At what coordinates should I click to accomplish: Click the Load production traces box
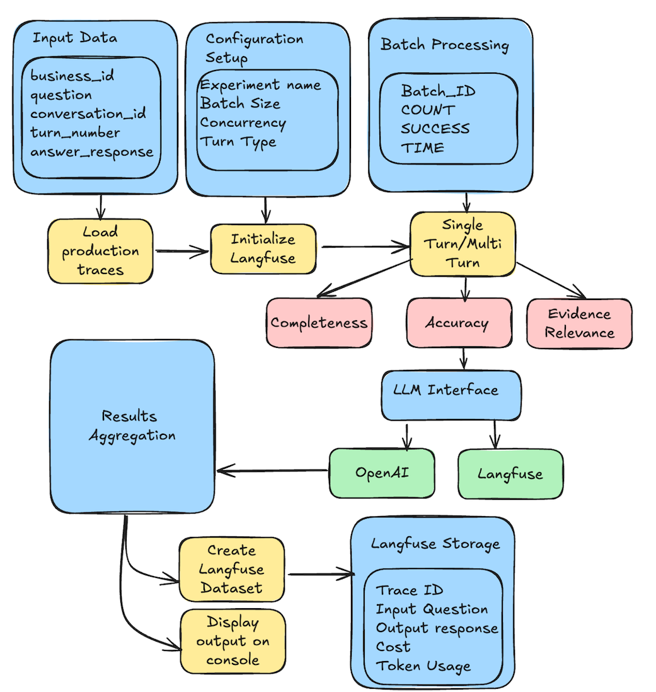[100, 251]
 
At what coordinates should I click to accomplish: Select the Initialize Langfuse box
[263, 248]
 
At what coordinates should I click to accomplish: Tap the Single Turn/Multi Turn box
[463, 243]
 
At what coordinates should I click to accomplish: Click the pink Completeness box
[319, 323]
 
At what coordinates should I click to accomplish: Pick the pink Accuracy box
[457, 323]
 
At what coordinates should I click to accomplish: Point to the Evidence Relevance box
[579, 323]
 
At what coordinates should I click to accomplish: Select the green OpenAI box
[382, 473]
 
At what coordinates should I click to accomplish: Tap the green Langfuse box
[510, 473]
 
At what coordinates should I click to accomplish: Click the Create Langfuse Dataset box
[231, 569]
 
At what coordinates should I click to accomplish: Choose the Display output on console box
[233, 641]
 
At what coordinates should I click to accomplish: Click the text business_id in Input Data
[72, 76]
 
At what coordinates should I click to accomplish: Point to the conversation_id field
[88, 114]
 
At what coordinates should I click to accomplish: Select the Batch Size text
[240, 103]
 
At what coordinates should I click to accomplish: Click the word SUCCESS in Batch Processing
[435, 129]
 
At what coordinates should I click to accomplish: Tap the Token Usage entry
[423, 665]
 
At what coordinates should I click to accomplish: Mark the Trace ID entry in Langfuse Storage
[409, 590]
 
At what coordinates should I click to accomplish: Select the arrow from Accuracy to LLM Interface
[463, 358]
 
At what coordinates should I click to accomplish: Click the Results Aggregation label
[132, 425]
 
